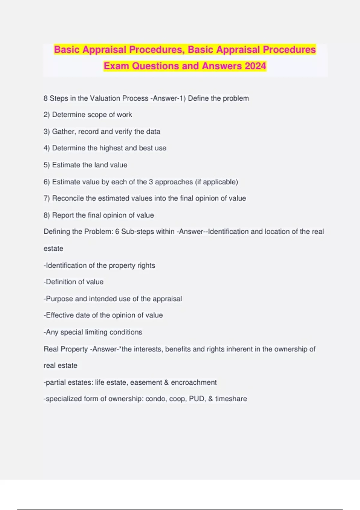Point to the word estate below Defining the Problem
point(53,249)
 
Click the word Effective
point(59,315)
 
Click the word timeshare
point(231,399)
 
